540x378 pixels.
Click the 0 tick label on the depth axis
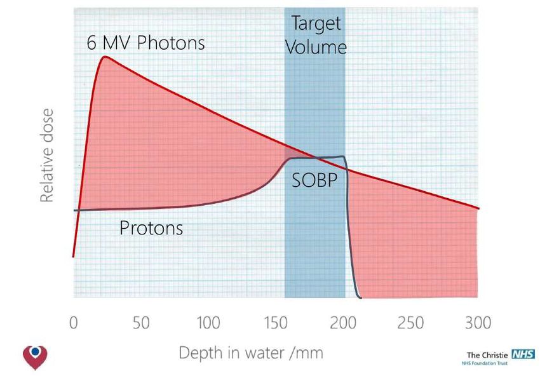(74, 323)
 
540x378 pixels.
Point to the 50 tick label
(141, 323)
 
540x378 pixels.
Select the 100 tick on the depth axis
(208, 323)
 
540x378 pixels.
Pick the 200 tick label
(343, 323)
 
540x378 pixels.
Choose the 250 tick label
(410, 323)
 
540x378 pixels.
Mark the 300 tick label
(478, 323)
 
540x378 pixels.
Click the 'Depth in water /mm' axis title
(251, 353)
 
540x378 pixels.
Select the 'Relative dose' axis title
(46, 156)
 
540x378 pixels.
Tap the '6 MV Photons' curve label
(146, 43)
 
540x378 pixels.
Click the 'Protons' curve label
(151, 227)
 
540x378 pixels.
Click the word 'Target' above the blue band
(316, 24)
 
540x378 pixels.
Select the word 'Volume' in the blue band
(316, 47)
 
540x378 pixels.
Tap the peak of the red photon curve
(105, 57)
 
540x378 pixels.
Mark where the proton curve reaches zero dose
(360, 297)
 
